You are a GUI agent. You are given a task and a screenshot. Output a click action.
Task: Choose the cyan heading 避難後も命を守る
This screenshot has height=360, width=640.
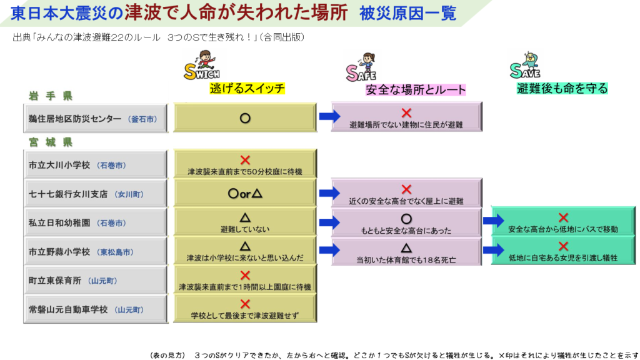coord(562,89)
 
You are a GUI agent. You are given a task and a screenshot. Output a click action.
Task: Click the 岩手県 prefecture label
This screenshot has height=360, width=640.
coord(51,96)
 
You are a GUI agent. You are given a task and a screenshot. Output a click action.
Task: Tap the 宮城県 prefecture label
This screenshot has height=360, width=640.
coord(51,142)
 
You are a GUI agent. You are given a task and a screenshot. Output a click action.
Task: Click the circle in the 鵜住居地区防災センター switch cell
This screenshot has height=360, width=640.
coord(245,117)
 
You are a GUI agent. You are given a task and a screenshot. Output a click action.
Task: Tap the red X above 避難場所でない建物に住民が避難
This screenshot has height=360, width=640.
coord(406,112)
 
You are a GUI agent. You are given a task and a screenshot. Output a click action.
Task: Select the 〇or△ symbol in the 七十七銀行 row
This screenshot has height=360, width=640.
coord(245,194)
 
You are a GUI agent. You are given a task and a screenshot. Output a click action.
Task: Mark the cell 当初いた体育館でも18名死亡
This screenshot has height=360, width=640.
coord(406,251)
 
